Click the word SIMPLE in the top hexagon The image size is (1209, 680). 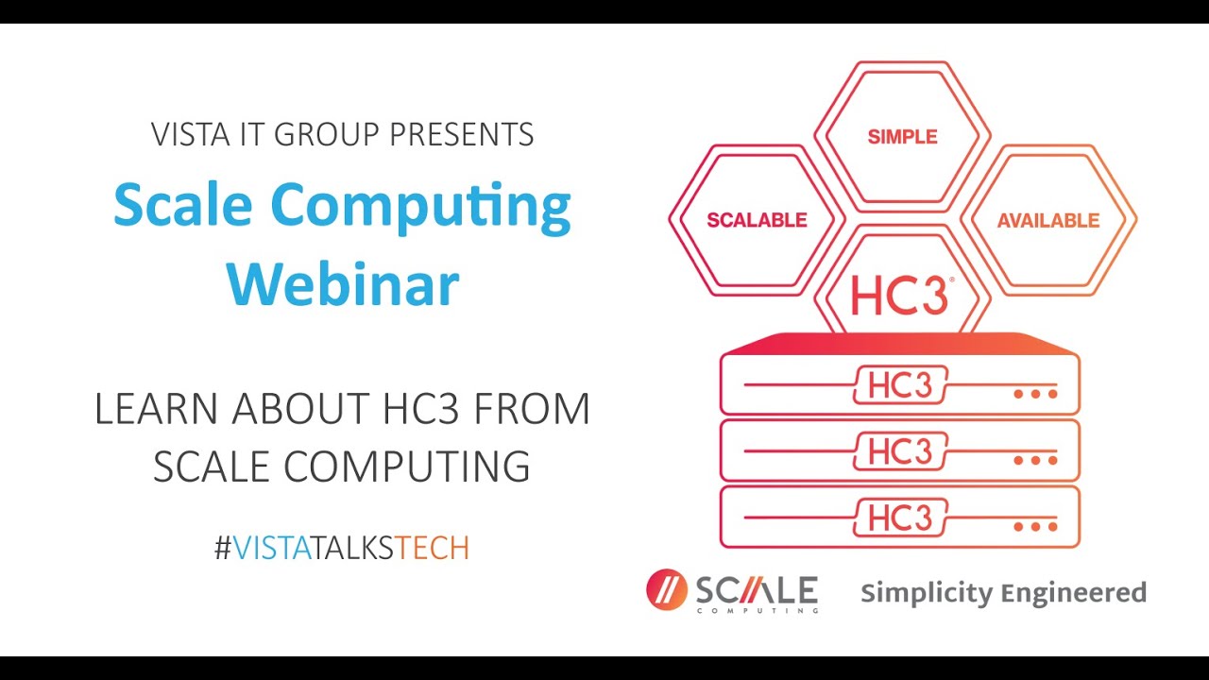pyautogui.click(x=902, y=137)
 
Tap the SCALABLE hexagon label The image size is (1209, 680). pyautogui.click(x=757, y=220)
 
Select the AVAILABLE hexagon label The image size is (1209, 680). pyautogui.click(x=1048, y=220)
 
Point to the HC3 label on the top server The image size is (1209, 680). pyautogui.click(x=900, y=386)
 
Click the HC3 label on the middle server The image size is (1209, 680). pyautogui.click(x=900, y=452)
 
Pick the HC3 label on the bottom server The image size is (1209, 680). pyautogui.click(x=900, y=518)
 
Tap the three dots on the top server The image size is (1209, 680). pyautogui.click(x=1035, y=394)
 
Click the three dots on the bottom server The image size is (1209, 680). pyautogui.click(x=1035, y=526)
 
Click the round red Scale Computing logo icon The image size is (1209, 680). pyautogui.click(x=667, y=590)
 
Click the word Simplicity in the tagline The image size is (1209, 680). pyautogui.click(x=926, y=594)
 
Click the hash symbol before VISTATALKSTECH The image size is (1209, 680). pyautogui.click(x=223, y=548)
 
